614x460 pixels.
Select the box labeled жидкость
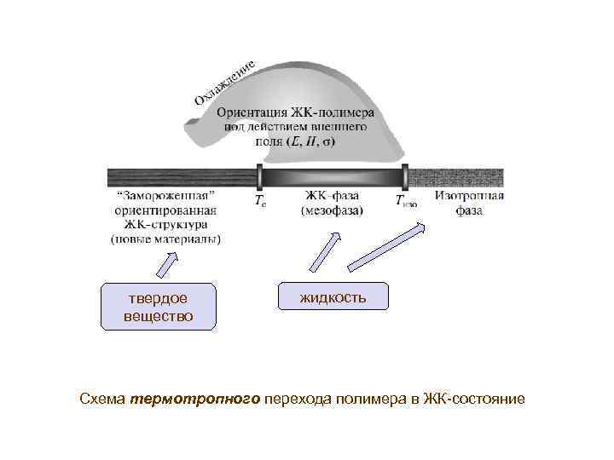(333, 296)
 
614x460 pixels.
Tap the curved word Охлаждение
(225, 83)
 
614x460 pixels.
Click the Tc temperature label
(259, 202)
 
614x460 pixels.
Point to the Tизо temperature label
(405, 202)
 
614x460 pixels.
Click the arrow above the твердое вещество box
(168, 262)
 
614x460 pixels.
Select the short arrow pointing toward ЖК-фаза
(322, 254)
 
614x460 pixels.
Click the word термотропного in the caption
(195, 399)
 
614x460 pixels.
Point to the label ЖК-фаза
(332, 196)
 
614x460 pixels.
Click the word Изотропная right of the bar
(469, 196)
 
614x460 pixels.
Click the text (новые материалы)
(165, 239)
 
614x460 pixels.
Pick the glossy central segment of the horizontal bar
(332, 178)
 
